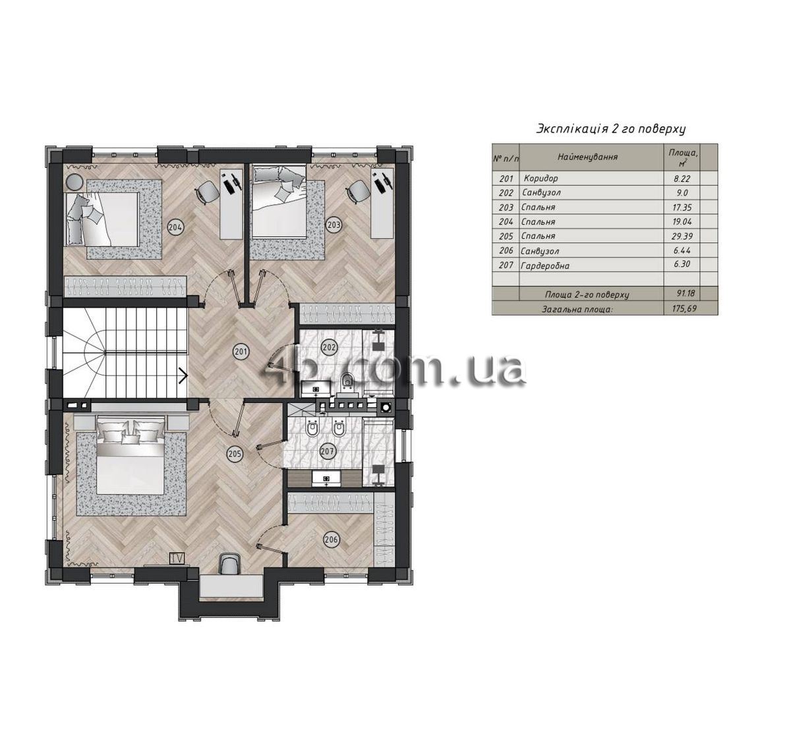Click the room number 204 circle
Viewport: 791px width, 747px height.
pyautogui.click(x=175, y=227)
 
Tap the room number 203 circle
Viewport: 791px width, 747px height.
pyautogui.click(x=334, y=225)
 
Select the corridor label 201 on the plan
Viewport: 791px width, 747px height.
pyautogui.click(x=241, y=352)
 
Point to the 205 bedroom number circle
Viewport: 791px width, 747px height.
pyautogui.click(x=235, y=453)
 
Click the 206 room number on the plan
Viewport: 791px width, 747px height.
pyautogui.click(x=332, y=539)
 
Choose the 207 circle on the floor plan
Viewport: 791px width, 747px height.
pyautogui.click(x=328, y=451)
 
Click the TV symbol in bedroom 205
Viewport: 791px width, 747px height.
pyautogui.click(x=177, y=558)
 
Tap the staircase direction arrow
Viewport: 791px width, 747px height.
pyautogui.click(x=183, y=375)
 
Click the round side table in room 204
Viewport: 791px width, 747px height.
pyautogui.click(x=74, y=182)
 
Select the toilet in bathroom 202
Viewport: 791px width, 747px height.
pyautogui.click(x=347, y=381)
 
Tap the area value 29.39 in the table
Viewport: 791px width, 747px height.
pyautogui.click(x=682, y=236)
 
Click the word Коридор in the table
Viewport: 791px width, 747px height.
pyautogui.click(x=541, y=178)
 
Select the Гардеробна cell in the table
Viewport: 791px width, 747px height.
pyautogui.click(x=545, y=265)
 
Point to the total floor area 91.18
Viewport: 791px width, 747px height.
pyautogui.click(x=685, y=294)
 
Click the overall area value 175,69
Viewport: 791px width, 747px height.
pyautogui.click(x=684, y=308)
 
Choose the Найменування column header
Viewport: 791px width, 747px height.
pyautogui.click(x=587, y=157)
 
